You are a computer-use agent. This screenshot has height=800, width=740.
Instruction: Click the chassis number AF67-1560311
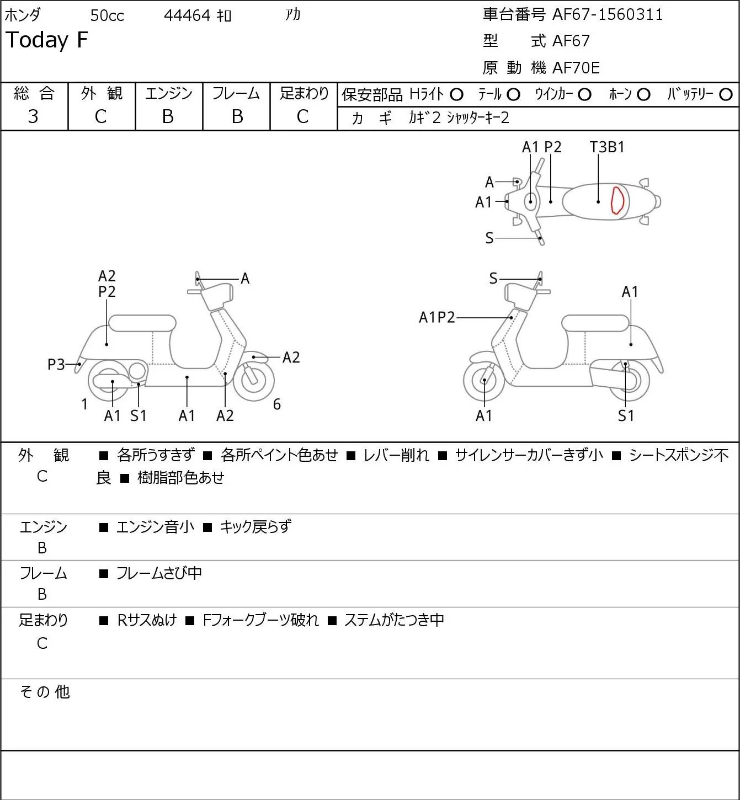pyautogui.click(x=608, y=15)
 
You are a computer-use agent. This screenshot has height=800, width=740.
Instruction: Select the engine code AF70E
pyautogui.click(x=576, y=68)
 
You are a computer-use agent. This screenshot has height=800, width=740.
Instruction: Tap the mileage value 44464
pyautogui.click(x=187, y=15)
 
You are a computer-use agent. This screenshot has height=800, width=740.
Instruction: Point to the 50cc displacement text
pyautogui.click(x=107, y=15)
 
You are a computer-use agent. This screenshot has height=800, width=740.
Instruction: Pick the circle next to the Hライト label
pyautogui.click(x=456, y=95)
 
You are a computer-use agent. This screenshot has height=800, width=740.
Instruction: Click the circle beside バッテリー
pyautogui.click(x=726, y=94)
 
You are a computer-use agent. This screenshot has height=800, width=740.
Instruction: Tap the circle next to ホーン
pyautogui.click(x=643, y=95)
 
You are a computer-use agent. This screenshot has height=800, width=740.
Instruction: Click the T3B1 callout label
pyautogui.click(x=606, y=147)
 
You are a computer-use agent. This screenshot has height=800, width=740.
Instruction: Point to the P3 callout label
pyautogui.click(x=56, y=365)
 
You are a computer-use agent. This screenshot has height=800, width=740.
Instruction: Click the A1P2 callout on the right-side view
pyautogui.click(x=436, y=317)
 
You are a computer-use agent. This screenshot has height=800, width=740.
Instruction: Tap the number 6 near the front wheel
pyautogui.click(x=276, y=404)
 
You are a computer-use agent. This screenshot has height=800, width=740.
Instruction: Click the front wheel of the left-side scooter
pyautogui.click(x=253, y=381)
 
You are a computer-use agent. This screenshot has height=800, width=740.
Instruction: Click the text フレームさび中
pyautogui.click(x=159, y=573)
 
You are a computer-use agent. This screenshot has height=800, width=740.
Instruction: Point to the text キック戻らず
pyautogui.click(x=255, y=526)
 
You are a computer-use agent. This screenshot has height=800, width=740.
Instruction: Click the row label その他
pyautogui.click(x=45, y=692)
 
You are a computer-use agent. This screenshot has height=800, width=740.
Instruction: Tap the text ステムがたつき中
pyautogui.click(x=394, y=620)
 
